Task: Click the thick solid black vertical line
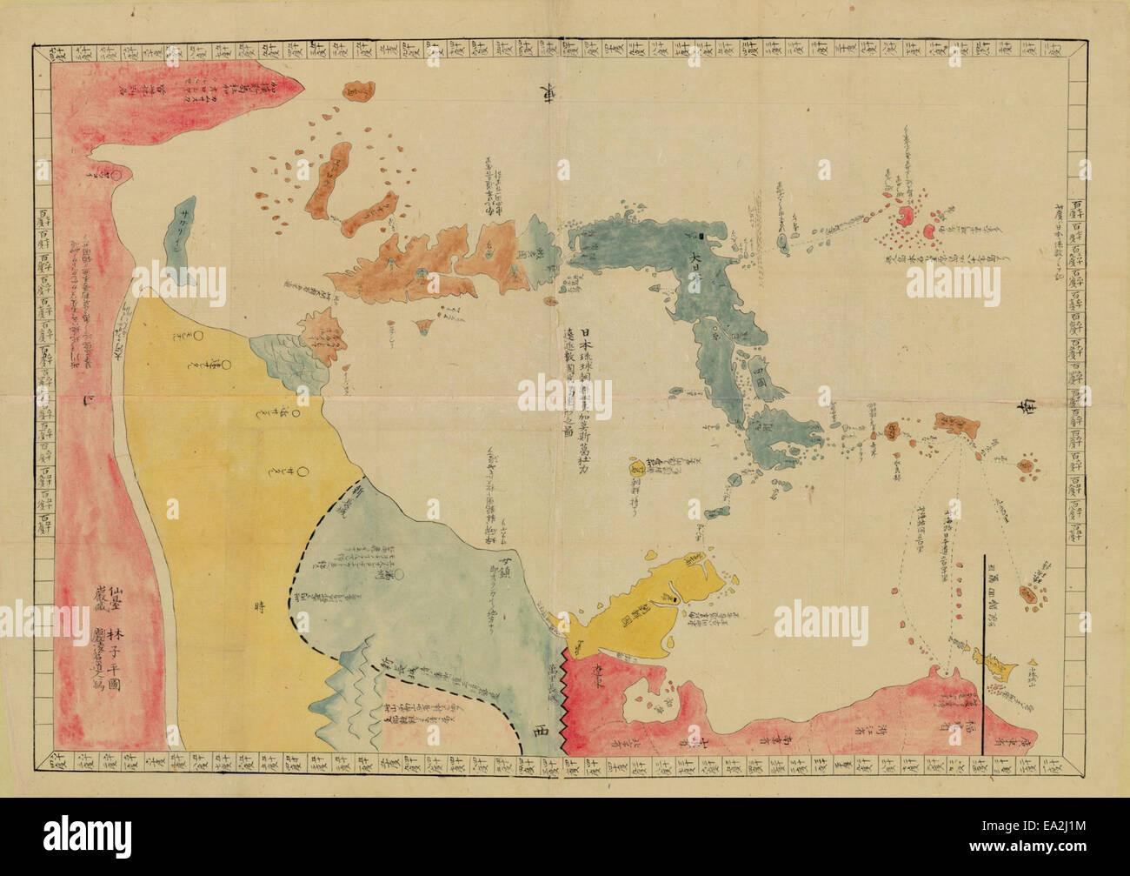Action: point(984,652)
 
